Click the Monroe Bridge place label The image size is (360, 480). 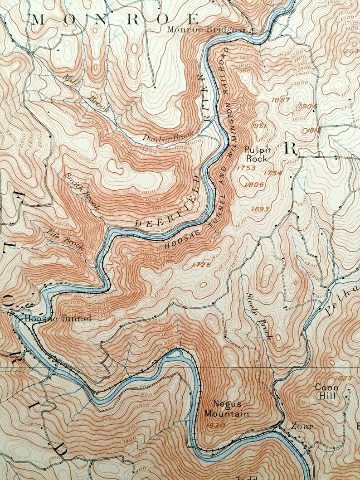(202, 29)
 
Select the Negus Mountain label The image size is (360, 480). (226, 409)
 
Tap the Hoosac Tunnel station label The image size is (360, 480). (58, 318)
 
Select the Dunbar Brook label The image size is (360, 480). (168, 136)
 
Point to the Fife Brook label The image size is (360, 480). (66, 238)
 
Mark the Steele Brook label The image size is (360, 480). (258, 316)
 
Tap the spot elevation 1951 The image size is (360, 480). (262, 126)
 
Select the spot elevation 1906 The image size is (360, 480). (308, 106)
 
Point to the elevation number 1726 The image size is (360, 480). (202, 264)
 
